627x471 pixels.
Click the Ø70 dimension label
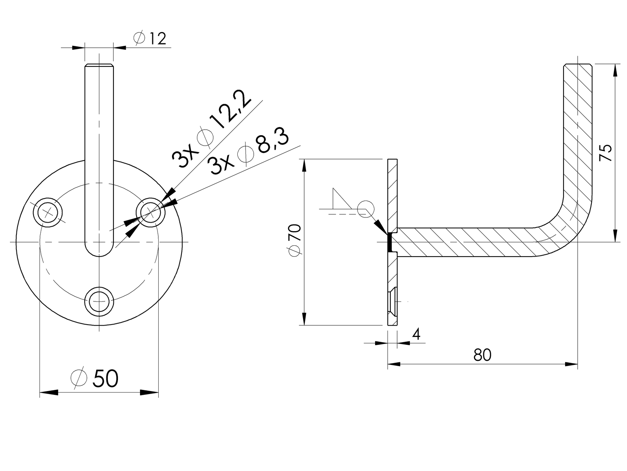pos(295,240)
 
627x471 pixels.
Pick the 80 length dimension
pos(482,355)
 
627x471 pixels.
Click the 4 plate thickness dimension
pos(417,334)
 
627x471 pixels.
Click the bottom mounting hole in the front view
pos(99,301)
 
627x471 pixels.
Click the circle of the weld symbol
pos(364,208)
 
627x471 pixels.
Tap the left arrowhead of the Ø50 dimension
pos(49,392)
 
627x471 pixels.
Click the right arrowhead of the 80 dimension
pos(571,363)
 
